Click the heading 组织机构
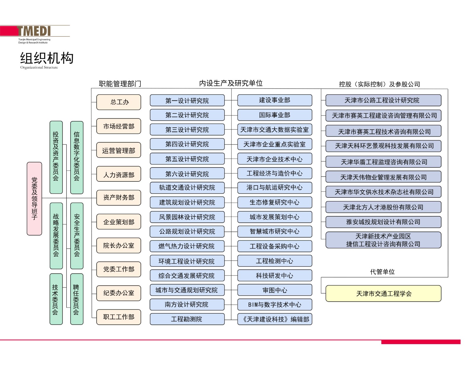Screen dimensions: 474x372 pyautogui.click(x=47, y=58)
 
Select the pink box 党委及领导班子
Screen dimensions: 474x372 pyautogui.click(x=34, y=198)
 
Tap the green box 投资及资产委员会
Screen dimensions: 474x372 pyautogui.click(x=56, y=157)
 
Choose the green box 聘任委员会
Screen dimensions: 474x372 pyautogui.click(x=77, y=299)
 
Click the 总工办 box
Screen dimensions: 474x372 pyautogui.click(x=119, y=102)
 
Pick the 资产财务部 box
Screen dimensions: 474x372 pyautogui.click(x=119, y=198)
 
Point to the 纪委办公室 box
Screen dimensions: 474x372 pyautogui.click(x=119, y=293)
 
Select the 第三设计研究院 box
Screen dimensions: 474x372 pyautogui.click(x=187, y=130)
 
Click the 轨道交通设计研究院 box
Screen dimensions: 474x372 pyautogui.click(x=187, y=188)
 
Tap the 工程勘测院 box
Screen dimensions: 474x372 pyautogui.click(x=187, y=319)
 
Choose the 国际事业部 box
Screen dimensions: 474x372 pyautogui.click(x=275, y=115)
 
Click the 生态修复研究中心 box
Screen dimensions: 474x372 pyautogui.click(x=275, y=202)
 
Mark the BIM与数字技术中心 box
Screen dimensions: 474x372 pyautogui.click(x=275, y=305)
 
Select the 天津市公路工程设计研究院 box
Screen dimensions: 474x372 pyautogui.click(x=383, y=100)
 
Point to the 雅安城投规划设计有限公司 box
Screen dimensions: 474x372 pyautogui.click(x=383, y=222)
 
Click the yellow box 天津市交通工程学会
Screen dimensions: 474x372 pyautogui.click(x=383, y=293)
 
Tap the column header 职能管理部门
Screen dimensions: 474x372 pyautogui.click(x=120, y=84)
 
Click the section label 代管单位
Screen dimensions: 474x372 pyautogui.click(x=382, y=272)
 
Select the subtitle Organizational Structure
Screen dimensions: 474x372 pyautogui.click(x=39, y=67)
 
